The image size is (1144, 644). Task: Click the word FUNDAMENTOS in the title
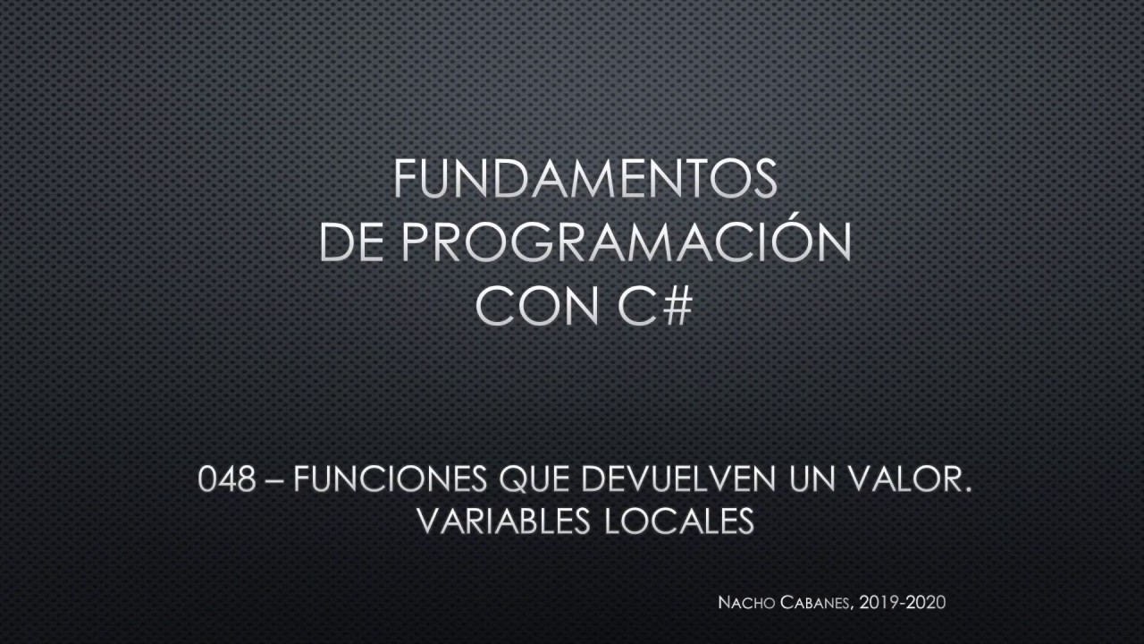click(585, 179)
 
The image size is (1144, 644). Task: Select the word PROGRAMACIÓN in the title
click(626, 243)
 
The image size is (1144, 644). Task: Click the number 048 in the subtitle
click(226, 481)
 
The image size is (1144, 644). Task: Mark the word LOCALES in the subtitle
click(679, 521)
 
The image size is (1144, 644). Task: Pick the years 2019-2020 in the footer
click(902, 603)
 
